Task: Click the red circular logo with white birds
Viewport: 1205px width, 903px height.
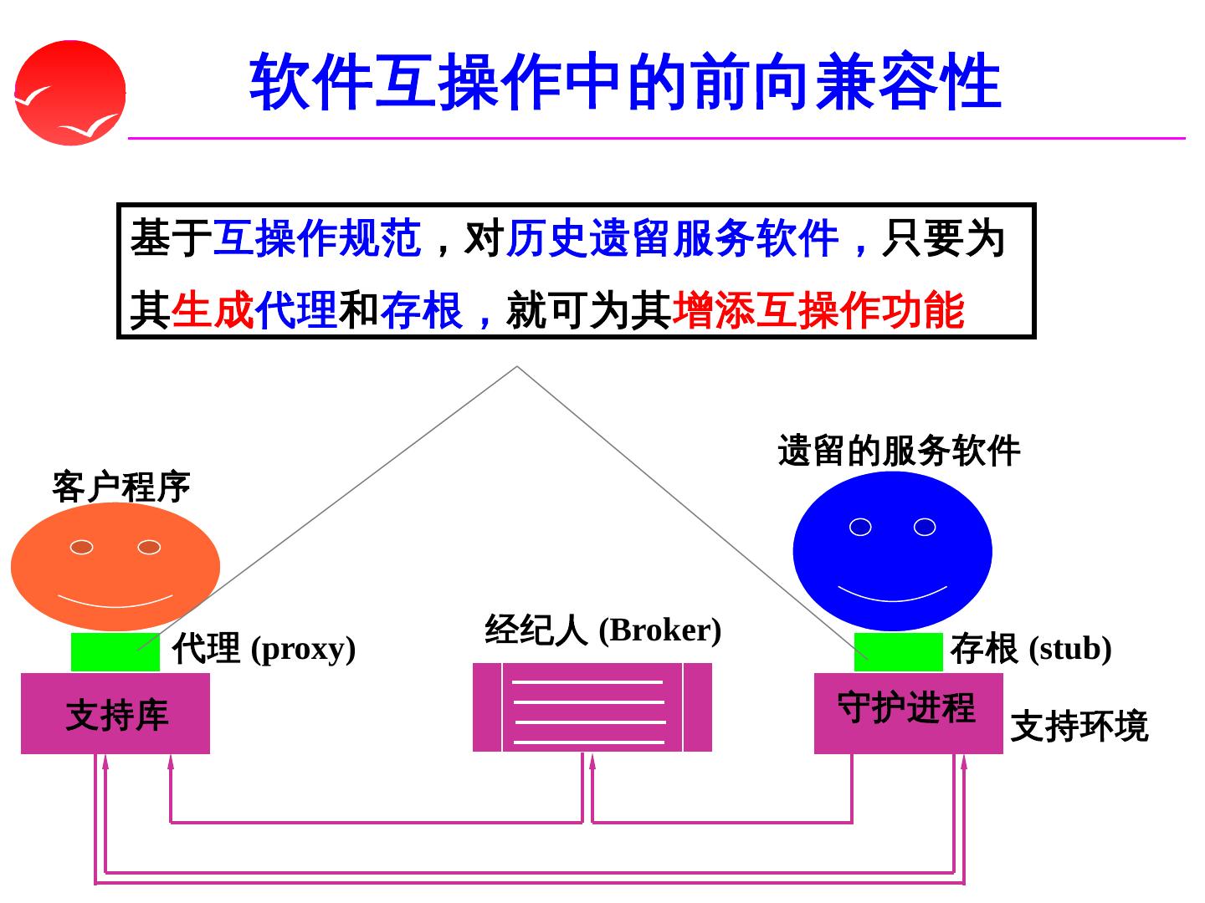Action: coord(70,93)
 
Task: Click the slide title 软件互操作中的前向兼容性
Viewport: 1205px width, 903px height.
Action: coord(625,81)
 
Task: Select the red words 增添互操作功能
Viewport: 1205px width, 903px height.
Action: coord(818,310)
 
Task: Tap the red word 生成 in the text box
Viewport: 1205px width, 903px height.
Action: coord(213,310)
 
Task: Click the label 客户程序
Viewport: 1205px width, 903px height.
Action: coord(121,487)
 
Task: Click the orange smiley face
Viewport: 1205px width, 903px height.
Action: coord(115,567)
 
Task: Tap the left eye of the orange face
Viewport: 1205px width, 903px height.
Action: coord(81,547)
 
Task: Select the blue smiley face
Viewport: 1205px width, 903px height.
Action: coord(892,551)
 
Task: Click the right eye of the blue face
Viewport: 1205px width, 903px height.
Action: coord(925,527)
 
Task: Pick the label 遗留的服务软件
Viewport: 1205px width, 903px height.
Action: coord(899,451)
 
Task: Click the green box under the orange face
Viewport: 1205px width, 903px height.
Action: coord(115,652)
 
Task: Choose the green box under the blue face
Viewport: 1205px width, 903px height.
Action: coord(898,652)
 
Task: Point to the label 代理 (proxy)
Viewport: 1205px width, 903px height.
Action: coord(264,649)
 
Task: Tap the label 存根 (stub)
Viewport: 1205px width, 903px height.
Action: coord(1030,649)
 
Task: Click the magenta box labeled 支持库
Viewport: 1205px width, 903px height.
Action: coord(115,714)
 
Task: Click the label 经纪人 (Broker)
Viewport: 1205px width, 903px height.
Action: coord(602,630)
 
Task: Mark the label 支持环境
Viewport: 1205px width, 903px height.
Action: coord(1079,726)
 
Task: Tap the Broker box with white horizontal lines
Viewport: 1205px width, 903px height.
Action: coord(592,707)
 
